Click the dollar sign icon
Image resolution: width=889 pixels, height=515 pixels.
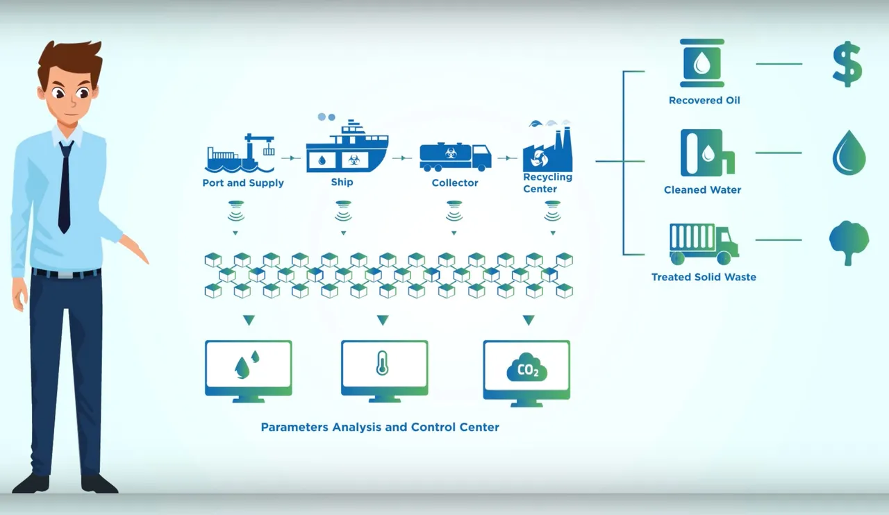point(847,64)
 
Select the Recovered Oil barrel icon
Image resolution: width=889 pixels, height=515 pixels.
point(703,64)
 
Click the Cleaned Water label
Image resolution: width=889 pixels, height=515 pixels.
point(702,189)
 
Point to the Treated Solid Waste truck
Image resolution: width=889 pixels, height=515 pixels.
point(704,244)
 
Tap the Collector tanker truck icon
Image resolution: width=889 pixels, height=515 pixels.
point(455,156)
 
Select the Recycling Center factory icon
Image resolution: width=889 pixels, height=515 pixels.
point(548,149)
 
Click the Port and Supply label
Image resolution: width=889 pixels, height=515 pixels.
point(243,183)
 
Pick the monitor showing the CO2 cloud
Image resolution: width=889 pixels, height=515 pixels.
point(526,372)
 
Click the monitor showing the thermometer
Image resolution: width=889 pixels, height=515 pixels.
point(384,370)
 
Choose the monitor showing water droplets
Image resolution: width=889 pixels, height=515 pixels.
point(248,370)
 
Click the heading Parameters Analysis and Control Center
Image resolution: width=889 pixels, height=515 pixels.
point(380,427)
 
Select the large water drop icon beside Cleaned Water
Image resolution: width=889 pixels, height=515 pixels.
point(849,153)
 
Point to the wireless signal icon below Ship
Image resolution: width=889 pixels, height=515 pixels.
point(343,211)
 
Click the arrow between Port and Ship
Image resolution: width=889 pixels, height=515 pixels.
point(292,158)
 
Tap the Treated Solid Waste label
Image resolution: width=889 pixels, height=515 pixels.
point(704,277)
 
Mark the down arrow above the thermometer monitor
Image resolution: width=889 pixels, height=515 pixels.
point(382,320)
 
